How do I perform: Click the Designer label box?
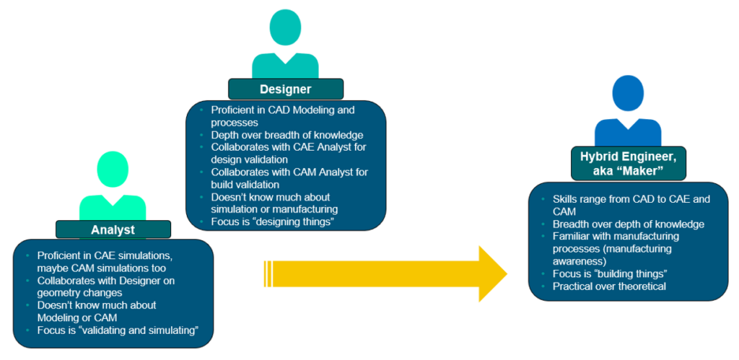pyautogui.click(x=285, y=89)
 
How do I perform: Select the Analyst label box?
pyautogui.click(x=113, y=229)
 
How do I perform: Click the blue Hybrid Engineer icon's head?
pyautogui.click(x=628, y=93)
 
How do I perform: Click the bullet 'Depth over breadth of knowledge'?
pyautogui.click(x=287, y=135)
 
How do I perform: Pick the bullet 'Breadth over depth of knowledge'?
pyautogui.click(x=628, y=224)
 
